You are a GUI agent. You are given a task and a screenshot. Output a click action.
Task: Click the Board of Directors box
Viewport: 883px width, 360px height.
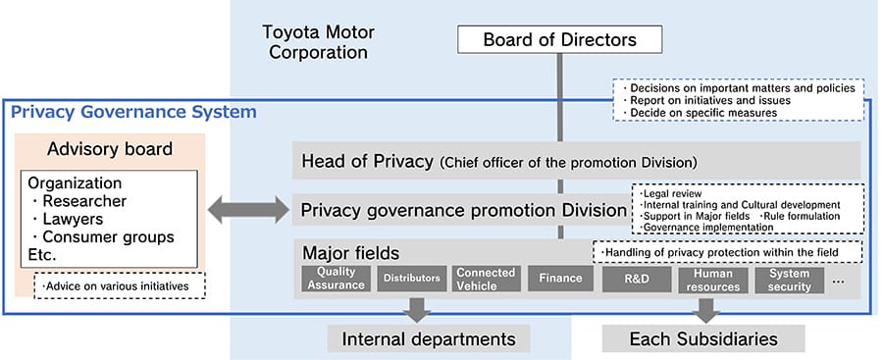559,39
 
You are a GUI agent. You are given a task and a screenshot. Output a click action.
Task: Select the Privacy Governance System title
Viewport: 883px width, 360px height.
133,112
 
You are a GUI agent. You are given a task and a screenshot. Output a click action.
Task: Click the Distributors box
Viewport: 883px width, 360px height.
411,279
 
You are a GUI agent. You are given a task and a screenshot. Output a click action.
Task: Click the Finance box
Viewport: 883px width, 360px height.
560,279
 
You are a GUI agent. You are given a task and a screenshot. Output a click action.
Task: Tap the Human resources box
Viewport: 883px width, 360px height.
713,279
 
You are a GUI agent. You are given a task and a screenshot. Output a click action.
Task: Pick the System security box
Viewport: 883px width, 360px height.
789,279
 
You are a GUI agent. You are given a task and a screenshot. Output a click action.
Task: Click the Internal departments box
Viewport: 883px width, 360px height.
428,339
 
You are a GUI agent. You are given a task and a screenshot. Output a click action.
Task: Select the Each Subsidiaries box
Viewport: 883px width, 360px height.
702,339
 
